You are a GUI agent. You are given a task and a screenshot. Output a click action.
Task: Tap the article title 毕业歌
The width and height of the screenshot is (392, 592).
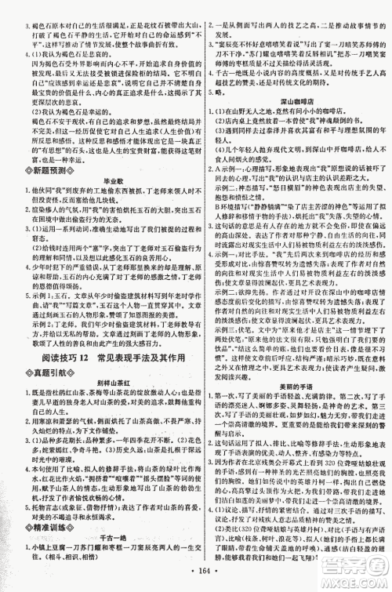point(97,200)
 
